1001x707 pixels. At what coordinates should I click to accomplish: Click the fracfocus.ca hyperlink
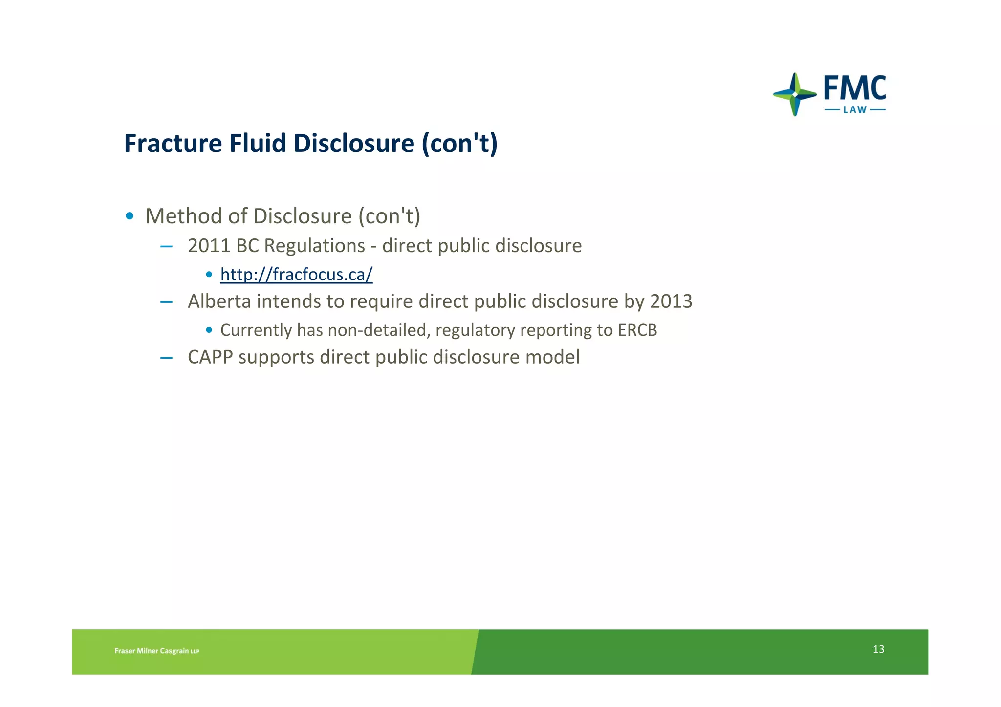(x=296, y=275)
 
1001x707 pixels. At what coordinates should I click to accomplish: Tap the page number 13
(x=878, y=649)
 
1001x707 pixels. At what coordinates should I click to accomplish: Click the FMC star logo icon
(x=795, y=94)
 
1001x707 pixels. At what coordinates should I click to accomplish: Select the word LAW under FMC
(x=855, y=110)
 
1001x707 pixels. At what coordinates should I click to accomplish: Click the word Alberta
(x=219, y=301)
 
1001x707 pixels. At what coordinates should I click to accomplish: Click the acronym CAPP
(x=210, y=357)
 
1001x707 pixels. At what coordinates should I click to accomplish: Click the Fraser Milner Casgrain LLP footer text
(x=157, y=651)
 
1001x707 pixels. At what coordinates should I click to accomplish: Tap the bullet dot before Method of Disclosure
(x=130, y=216)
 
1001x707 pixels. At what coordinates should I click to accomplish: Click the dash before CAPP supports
(x=166, y=358)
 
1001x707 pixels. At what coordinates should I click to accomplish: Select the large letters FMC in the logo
(x=855, y=88)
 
